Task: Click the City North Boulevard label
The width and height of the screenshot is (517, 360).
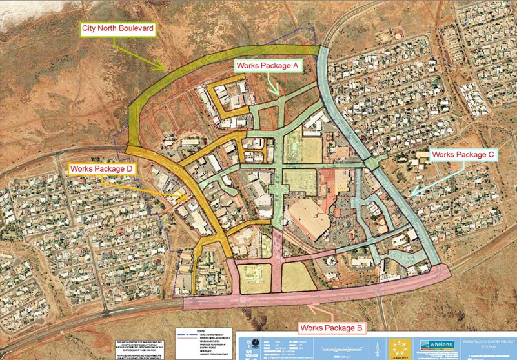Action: point(117,28)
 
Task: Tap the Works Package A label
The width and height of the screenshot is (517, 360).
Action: point(267,66)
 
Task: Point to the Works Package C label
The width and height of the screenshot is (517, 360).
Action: point(463,155)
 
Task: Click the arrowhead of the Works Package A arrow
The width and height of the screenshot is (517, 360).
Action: point(278,94)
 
